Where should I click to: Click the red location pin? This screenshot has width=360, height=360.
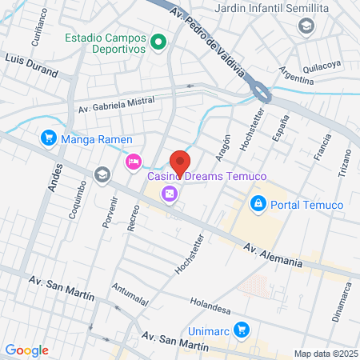(x=180, y=162)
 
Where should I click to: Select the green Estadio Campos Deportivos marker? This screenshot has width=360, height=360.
(x=158, y=42)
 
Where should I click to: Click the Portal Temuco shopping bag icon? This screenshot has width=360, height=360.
(x=258, y=205)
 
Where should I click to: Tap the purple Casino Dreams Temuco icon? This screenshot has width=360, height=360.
(x=169, y=194)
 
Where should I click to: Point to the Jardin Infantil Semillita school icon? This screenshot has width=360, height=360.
(x=305, y=27)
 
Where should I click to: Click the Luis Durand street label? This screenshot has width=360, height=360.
(x=32, y=65)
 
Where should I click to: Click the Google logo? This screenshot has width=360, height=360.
(x=26, y=350)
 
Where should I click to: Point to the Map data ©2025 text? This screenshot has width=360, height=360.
(x=325, y=354)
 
